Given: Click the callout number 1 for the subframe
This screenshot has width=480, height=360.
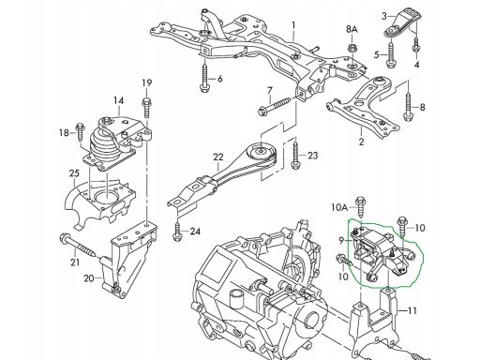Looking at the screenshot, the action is coord(293,25).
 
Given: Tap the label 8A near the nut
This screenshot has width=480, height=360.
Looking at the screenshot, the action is coord(352,30).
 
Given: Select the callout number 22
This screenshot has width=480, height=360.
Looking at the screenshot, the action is coord(218,157).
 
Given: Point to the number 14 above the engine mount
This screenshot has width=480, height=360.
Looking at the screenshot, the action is coord(118,100).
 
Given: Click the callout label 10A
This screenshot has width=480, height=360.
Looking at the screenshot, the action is coord(339,207).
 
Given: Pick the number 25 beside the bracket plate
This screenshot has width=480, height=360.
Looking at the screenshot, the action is coord(74,173).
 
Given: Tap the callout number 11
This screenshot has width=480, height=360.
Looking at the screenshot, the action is coord(412,310).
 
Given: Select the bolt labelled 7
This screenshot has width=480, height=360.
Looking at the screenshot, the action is coord(274,106).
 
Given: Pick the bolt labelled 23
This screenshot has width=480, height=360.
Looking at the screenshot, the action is coord(295,156).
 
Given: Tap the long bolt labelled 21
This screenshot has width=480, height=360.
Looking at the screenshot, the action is coord(78,245).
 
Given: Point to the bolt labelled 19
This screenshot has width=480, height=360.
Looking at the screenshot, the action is coord(146,108).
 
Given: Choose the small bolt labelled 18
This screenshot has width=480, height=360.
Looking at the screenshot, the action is coord(80,131).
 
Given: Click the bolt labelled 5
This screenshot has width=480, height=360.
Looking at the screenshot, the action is coord(391,54).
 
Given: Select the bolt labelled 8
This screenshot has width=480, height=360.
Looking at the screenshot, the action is coord(408,106).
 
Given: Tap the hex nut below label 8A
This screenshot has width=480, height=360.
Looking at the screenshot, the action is coord(352,49).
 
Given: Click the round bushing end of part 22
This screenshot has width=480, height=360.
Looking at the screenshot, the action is coord(261,153).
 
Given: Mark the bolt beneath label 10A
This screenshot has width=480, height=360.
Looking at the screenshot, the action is coord(361,207).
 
